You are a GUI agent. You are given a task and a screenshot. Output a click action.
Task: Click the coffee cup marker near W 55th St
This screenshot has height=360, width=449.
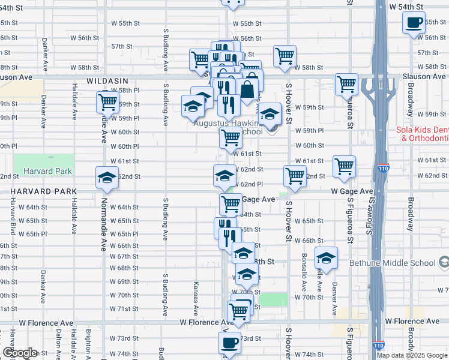(414, 23)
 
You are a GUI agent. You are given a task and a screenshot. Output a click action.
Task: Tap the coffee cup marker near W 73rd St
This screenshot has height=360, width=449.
(229, 343)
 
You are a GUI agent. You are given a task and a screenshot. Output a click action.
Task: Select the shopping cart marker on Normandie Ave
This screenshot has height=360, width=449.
(107, 102)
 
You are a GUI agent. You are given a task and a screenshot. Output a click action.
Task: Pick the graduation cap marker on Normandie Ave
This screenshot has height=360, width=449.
(107, 178)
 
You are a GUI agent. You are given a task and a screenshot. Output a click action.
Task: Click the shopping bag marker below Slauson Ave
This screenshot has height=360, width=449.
(247, 89)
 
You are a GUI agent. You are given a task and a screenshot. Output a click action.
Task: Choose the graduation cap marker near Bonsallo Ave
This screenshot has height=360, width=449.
(326, 258)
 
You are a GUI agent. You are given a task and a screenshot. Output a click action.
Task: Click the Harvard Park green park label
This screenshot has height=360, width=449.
(48, 171)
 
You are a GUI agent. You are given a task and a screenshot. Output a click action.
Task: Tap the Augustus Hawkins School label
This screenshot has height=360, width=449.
(228, 131)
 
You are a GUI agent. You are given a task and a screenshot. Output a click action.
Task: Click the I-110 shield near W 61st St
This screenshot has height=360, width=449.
(383, 169)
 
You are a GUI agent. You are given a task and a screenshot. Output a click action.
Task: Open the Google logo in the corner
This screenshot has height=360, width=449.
(20, 352)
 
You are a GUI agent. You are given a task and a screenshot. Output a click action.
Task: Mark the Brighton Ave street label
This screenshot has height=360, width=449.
(89, 343)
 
